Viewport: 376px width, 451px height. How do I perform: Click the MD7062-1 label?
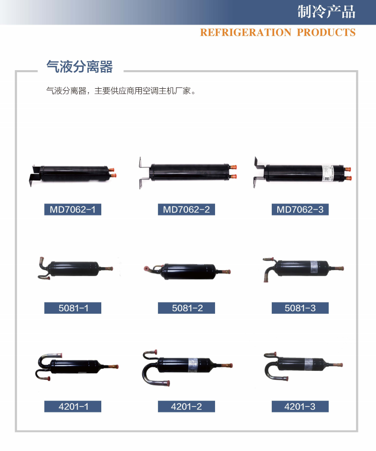[x=73, y=209]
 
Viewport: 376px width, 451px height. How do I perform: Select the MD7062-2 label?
[x=186, y=209]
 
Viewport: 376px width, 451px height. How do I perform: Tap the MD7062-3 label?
[x=300, y=209]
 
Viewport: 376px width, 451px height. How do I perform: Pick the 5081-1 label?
[x=73, y=308]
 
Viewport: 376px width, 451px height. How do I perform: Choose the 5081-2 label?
[x=186, y=308]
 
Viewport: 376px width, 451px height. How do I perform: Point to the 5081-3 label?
[x=300, y=308]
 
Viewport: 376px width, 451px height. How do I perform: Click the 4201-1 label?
[x=73, y=406]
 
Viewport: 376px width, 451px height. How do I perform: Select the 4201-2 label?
[x=186, y=406]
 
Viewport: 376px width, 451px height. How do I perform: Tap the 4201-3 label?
[x=300, y=406]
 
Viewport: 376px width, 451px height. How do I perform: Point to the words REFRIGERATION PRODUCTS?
[x=277, y=33]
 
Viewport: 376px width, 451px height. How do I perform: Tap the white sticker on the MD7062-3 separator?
[x=326, y=172]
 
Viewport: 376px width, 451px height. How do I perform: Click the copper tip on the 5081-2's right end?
[x=230, y=271]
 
